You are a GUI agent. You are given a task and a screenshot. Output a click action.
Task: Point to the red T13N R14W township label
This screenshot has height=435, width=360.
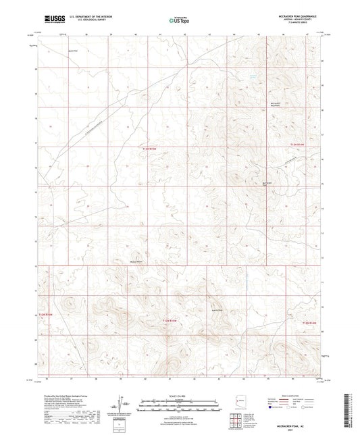pos(298,144)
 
